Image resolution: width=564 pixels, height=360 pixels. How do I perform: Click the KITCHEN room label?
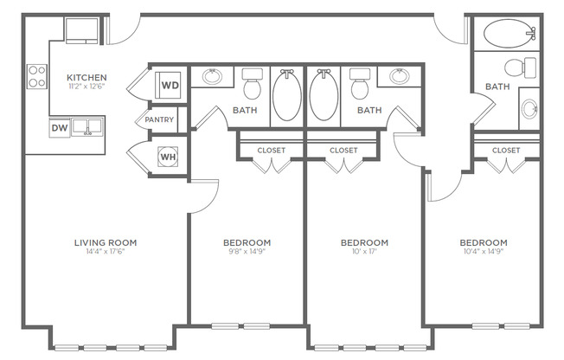coord(87,78)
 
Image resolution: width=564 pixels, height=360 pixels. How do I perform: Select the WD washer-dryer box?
coord(170,86)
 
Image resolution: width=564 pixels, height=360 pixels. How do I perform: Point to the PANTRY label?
coord(159,119)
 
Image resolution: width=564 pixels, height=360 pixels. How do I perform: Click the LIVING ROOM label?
coord(106,242)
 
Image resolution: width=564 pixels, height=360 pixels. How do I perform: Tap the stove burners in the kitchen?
coord(37,76)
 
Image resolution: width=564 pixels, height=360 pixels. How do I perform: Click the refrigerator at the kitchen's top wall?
coord(86,30)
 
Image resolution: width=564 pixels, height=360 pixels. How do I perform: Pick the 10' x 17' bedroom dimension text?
coord(363,253)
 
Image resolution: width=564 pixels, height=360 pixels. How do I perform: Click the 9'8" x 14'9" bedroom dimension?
coord(247,253)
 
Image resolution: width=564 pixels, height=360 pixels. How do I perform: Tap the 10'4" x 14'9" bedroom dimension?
coord(483,253)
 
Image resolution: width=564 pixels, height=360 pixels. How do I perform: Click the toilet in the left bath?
coord(253,85)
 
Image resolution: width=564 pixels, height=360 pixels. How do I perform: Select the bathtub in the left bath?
coord(288,95)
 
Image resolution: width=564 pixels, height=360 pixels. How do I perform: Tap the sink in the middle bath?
coord(399,77)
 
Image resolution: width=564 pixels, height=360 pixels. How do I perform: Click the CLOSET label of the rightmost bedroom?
coord(506,150)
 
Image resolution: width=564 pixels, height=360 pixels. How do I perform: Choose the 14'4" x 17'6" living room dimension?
coord(106,253)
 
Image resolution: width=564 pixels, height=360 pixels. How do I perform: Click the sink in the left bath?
coord(211,77)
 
